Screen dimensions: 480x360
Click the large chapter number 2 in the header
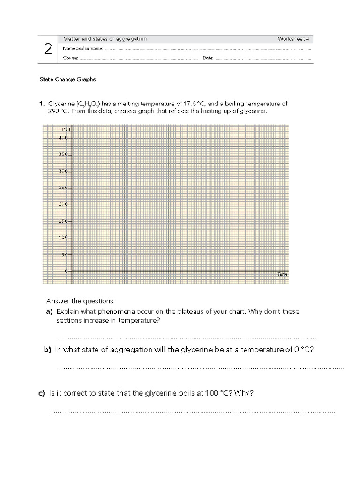pyautogui.click(x=48, y=49)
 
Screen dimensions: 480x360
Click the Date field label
pyautogui.click(x=208, y=58)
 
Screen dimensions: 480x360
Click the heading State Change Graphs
pyautogui.click(x=67, y=79)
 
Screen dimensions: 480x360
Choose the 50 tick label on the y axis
pyautogui.click(x=65, y=255)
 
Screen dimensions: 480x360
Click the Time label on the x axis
pyautogui.click(x=282, y=274)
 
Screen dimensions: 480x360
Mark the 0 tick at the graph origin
pyautogui.click(x=67, y=271)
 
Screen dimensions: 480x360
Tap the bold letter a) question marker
pyautogui.click(x=49, y=312)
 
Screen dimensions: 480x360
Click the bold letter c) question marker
pyautogui.click(x=42, y=394)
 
